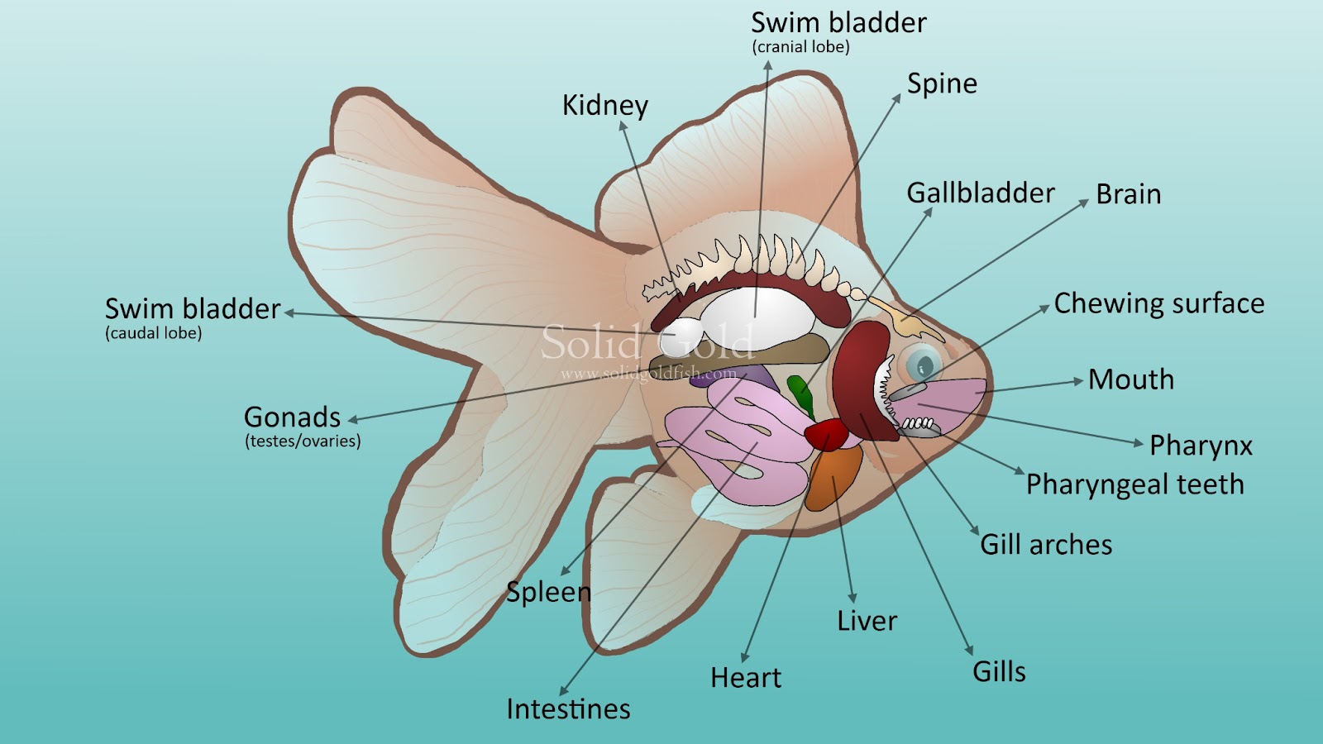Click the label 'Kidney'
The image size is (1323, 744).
pyautogui.click(x=604, y=106)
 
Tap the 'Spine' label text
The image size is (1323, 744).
pyautogui.click(x=942, y=83)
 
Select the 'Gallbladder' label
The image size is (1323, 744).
pyautogui.click(x=981, y=193)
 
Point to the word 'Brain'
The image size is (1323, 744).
pyautogui.click(x=1128, y=194)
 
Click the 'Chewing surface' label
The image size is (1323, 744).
pyautogui.click(x=1158, y=304)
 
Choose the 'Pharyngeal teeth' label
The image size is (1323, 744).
pyautogui.click(x=1134, y=484)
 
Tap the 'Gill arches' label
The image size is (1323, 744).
pyautogui.click(x=1046, y=545)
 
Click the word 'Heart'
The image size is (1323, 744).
pyautogui.click(x=745, y=678)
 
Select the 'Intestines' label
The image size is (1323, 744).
pyautogui.click(x=568, y=709)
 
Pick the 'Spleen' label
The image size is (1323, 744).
pyautogui.click(x=548, y=592)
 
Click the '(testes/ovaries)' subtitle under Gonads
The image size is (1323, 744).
pyautogui.click(x=303, y=441)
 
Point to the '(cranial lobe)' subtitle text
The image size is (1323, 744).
pyautogui.click(x=800, y=47)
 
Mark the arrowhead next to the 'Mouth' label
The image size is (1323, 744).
pyautogui.click(x=1077, y=381)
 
